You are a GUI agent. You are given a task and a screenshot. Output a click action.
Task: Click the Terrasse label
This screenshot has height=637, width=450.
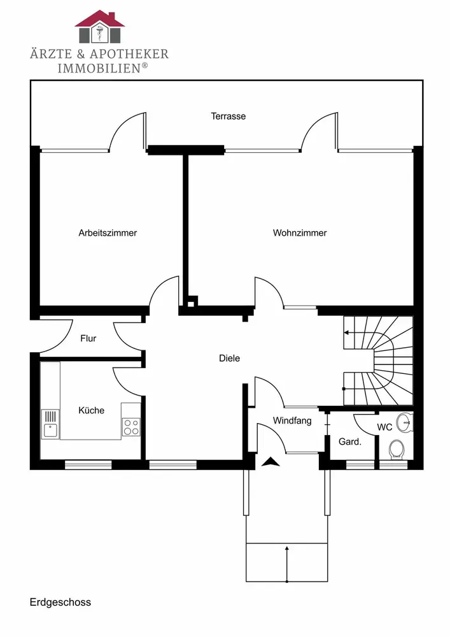(x=229, y=117)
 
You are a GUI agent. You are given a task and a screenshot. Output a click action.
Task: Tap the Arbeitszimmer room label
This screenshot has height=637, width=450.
(x=108, y=233)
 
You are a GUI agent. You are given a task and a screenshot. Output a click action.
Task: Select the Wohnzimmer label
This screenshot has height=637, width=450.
(x=300, y=233)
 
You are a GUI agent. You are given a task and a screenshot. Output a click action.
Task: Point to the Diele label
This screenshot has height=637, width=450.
(x=229, y=359)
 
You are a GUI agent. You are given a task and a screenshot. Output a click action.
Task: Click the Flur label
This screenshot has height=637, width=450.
(x=88, y=338)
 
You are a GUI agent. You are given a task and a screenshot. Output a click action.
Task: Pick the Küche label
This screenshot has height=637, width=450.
(x=92, y=410)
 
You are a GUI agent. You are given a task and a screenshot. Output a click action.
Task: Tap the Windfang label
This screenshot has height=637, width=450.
(x=292, y=420)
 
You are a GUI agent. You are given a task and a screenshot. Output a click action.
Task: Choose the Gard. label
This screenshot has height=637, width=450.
(x=350, y=441)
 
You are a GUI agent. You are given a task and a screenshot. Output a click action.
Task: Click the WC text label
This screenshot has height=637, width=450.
(x=384, y=427)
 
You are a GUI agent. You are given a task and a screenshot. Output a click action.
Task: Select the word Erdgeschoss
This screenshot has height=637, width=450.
(x=60, y=602)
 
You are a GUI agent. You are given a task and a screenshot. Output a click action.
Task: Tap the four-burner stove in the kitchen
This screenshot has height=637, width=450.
(x=131, y=427)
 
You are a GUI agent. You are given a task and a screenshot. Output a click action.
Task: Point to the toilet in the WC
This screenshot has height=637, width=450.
(x=397, y=448)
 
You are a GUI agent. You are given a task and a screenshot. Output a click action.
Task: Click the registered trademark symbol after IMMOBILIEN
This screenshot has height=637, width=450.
(x=145, y=66)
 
